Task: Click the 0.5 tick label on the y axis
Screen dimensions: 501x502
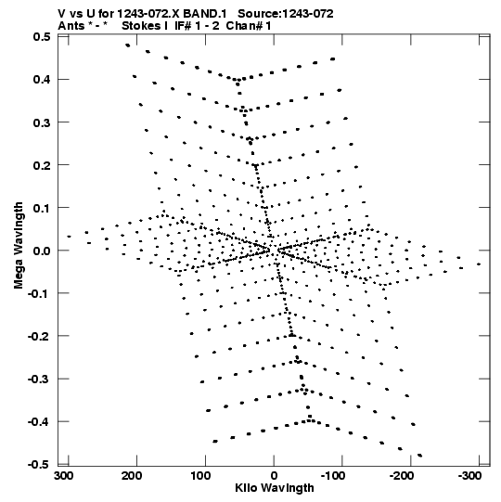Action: [42, 36]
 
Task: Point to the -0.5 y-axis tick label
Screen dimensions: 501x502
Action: [39, 465]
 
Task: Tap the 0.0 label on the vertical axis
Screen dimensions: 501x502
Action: [42, 251]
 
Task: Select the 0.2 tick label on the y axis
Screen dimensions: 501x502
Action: [42, 165]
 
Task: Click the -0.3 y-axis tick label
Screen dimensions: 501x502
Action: [39, 380]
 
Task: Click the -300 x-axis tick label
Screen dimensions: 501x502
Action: [470, 476]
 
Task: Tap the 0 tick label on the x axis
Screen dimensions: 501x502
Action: [274, 476]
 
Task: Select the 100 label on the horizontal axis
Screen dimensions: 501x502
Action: [200, 476]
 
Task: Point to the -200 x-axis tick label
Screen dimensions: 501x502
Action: [402, 476]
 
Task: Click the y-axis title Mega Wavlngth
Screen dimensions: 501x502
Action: [19, 246]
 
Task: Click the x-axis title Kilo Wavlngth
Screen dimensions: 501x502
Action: [275, 488]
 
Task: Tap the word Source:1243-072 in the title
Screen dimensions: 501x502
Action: [286, 14]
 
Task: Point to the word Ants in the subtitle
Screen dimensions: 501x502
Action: [71, 26]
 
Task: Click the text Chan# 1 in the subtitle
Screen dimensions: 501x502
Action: [248, 26]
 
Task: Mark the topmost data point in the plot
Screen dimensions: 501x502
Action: [128, 45]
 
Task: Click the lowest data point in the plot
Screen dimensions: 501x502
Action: [419, 456]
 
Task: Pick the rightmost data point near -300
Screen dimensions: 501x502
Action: [479, 264]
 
